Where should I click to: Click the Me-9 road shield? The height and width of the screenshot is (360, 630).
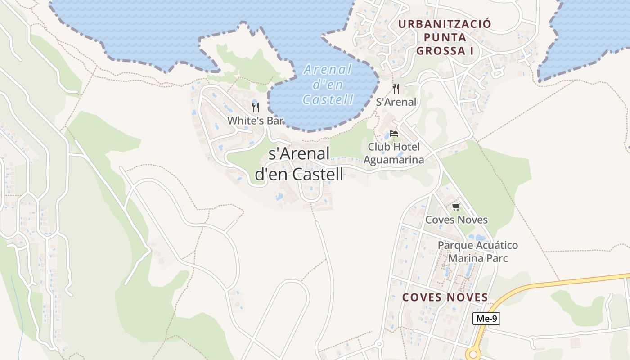pos(486,319)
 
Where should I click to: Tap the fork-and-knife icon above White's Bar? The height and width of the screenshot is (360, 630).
pos(256,107)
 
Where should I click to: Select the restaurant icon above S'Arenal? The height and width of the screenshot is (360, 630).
pos(396,88)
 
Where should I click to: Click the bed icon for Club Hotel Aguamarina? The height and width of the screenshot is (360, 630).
pos(394,133)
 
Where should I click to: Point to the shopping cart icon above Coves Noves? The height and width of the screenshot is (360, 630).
pos(456,207)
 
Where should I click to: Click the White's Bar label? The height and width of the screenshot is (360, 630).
pos(256,121)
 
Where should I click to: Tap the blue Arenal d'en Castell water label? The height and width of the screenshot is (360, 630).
pos(328,85)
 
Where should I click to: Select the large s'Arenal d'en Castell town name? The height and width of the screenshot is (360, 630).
pos(299,164)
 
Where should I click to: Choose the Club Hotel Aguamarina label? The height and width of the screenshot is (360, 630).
pos(394,153)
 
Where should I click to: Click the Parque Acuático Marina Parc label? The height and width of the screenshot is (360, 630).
pos(478,252)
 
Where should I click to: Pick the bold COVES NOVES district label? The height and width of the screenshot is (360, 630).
pos(445,297)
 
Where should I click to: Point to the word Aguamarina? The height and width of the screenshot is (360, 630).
pos(394,160)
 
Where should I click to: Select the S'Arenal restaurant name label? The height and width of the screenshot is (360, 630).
pos(396,102)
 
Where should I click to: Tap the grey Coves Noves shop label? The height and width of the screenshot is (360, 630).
pos(456,220)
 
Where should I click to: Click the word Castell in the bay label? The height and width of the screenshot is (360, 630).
pos(328,99)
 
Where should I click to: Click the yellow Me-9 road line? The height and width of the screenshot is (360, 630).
pos(562,282)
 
